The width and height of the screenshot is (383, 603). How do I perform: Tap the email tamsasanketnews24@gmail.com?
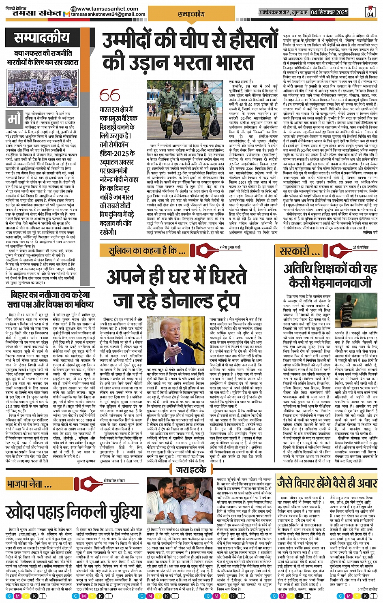(108, 14)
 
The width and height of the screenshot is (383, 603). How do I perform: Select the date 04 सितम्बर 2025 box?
(329, 12)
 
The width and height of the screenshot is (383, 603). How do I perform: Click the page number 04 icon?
(370, 12)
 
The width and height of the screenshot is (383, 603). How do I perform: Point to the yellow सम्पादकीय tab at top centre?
(191, 14)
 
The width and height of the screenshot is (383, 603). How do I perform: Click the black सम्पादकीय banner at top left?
(42, 38)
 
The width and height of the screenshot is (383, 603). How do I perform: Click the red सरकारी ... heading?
(300, 251)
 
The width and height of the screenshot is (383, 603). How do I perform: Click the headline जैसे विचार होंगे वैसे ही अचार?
(327, 483)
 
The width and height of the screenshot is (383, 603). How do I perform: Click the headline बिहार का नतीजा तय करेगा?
(51, 295)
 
